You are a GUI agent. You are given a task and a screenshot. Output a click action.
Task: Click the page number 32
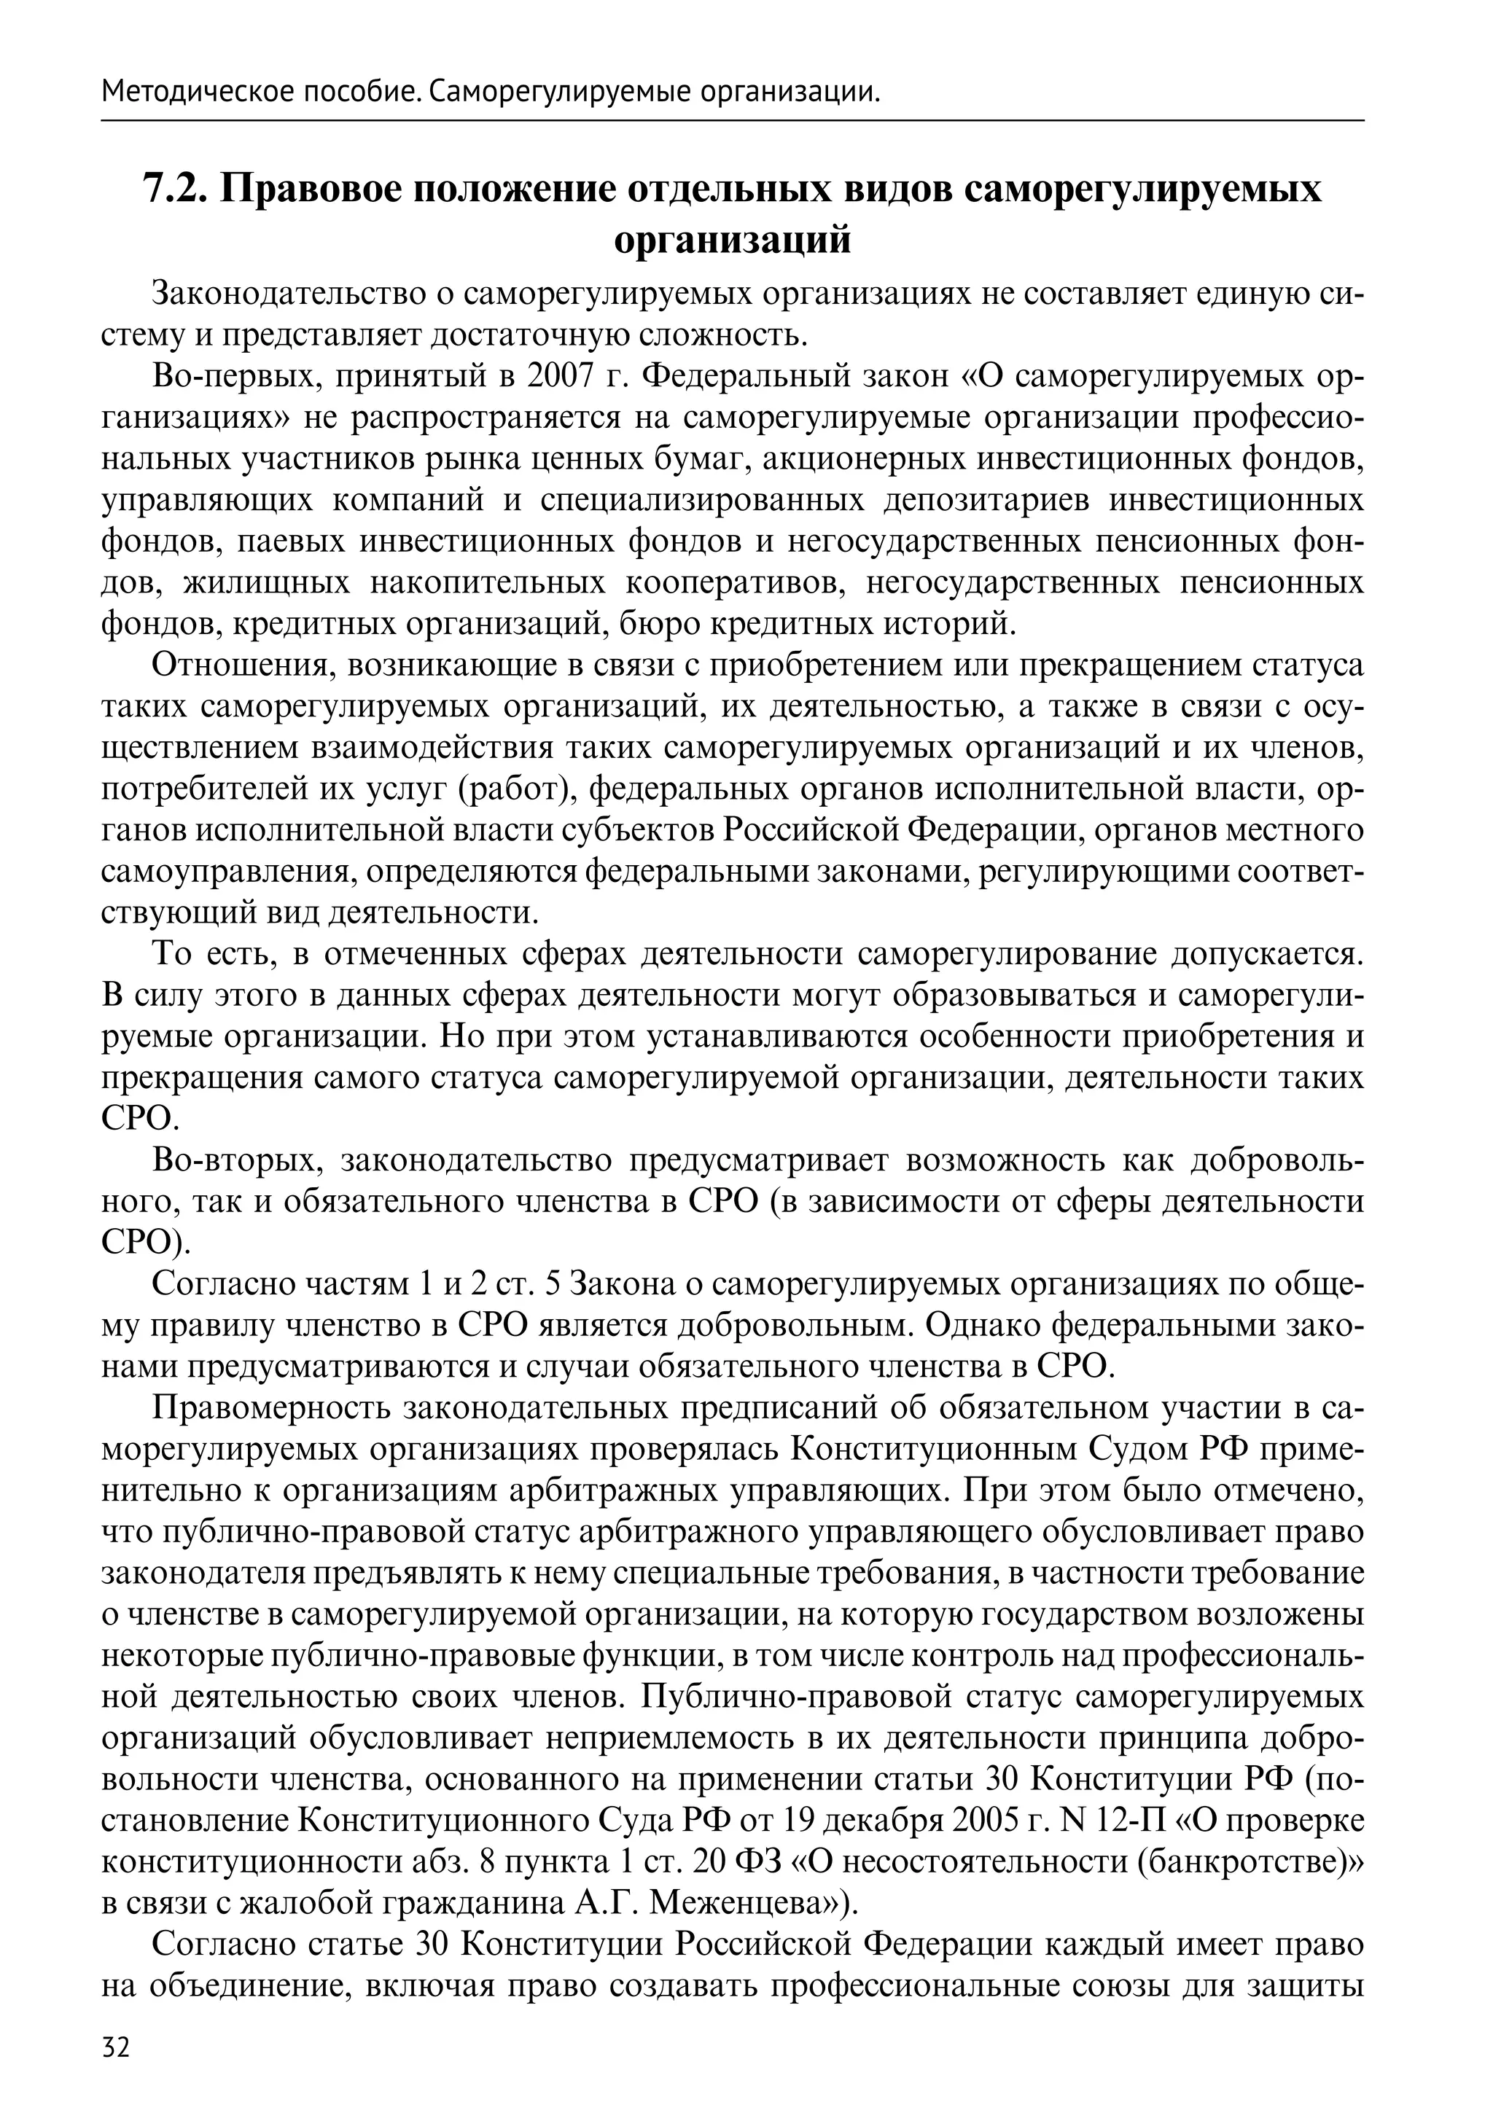pyautogui.click(x=116, y=2066)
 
